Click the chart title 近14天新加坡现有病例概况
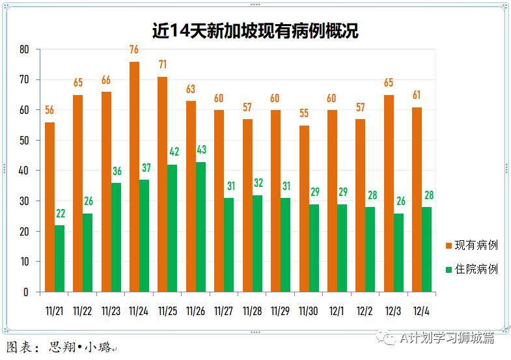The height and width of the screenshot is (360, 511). click(x=255, y=31)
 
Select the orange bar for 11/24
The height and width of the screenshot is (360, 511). click(x=134, y=177)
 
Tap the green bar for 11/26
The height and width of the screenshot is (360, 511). click(x=201, y=227)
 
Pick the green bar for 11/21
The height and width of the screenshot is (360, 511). click(x=60, y=258)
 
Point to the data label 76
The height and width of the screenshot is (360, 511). click(x=134, y=49)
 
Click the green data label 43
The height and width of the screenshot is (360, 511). click(x=201, y=150)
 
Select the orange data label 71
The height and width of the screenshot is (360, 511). click(x=163, y=64)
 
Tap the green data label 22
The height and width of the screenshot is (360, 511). click(x=60, y=214)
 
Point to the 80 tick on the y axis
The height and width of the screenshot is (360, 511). click(x=24, y=49)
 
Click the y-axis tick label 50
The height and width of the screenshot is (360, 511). click(x=24, y=141)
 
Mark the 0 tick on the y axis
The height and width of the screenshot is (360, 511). click(x=27, y=292)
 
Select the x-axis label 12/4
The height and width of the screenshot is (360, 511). click(x=421, y=311)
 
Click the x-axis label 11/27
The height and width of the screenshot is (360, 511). click(x=223, y=311)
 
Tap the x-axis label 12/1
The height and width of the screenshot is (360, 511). click(x=337, y=311)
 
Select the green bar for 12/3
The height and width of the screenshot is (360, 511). click(x=399, y=253)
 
